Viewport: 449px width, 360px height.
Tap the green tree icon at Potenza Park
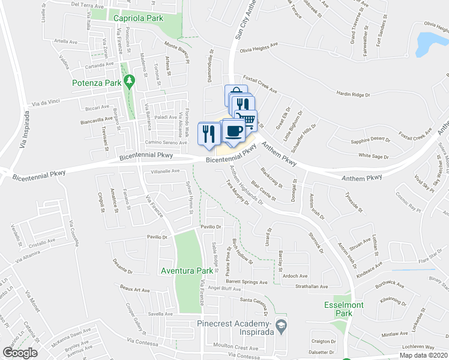pos(129,80)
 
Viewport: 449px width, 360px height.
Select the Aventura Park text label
pos(187,271)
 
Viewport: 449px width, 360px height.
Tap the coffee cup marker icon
pos(234,131)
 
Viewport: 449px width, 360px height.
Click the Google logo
pos(20,353)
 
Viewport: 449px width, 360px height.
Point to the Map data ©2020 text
pos(424,355)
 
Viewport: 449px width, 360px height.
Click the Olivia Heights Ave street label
pos(259,46)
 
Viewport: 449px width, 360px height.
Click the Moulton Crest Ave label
pos(237,347)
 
